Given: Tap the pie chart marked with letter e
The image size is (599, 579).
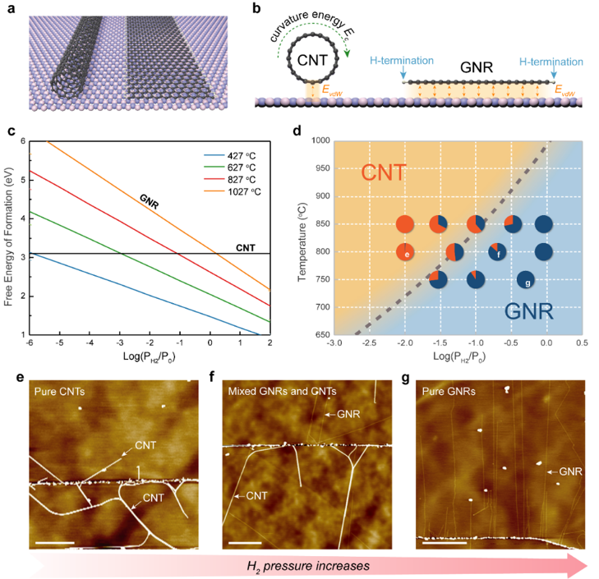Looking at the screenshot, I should click(x=406, y=252).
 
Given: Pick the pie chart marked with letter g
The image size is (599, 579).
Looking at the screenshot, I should click(x=526, y=280).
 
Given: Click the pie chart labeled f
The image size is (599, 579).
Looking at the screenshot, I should click(x=498, y=252).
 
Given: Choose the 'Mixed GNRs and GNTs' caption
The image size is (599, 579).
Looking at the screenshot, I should click(x=275, y=392).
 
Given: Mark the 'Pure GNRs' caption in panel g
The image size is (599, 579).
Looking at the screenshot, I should click(x=449, y=392).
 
